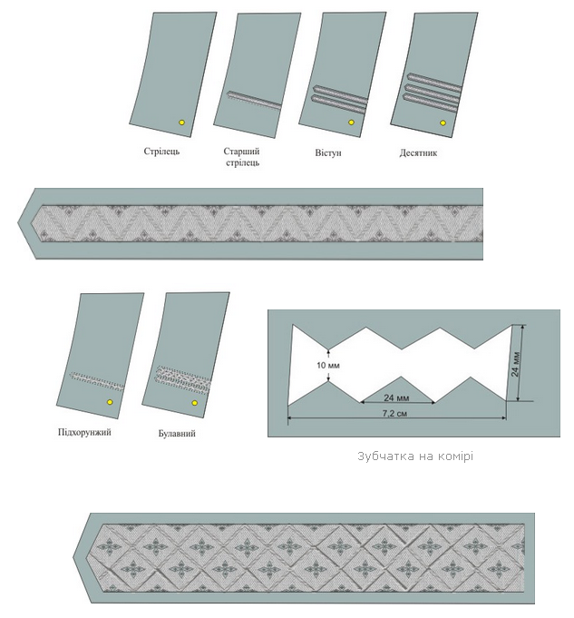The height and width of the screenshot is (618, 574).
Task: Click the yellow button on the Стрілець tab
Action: click(x=181, y=123)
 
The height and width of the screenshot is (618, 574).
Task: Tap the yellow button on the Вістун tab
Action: click(x=351, y=123)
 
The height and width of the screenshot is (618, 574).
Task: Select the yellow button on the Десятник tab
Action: click(x=443, y=123)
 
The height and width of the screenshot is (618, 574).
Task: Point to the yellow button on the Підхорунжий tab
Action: click(x=110, y=402)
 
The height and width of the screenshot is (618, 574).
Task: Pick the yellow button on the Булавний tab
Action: click(x=194, y=403)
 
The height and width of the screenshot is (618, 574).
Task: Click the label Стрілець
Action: click(x=161, y=152)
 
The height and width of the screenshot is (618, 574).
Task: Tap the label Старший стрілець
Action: click(x=242, y=157)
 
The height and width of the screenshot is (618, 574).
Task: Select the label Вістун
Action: click(x=327, y=152)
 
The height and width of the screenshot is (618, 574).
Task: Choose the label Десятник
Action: click(x=418, y=152)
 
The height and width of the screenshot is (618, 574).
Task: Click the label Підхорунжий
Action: click(x=84, y=432)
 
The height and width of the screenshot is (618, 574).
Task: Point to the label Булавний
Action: click(x=177, y=434)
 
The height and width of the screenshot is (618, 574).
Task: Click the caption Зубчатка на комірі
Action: click(x=415, y=456)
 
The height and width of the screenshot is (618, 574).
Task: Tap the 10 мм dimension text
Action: click(x=327, y=366)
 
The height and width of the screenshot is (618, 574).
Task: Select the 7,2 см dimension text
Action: click(x=394, y=413)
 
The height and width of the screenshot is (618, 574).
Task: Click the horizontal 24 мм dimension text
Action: click(x=396, y=397)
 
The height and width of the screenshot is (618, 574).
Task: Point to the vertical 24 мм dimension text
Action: click(x=516, y=364)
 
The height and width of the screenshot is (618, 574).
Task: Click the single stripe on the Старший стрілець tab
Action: click(x=254, y=99)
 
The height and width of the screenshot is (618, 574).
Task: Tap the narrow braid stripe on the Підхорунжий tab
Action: click(x=96, y=381)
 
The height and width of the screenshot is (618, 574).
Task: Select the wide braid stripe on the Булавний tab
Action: click(x=183, y=380)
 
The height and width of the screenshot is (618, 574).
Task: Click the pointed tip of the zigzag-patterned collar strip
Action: click(x=18, y=223)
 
